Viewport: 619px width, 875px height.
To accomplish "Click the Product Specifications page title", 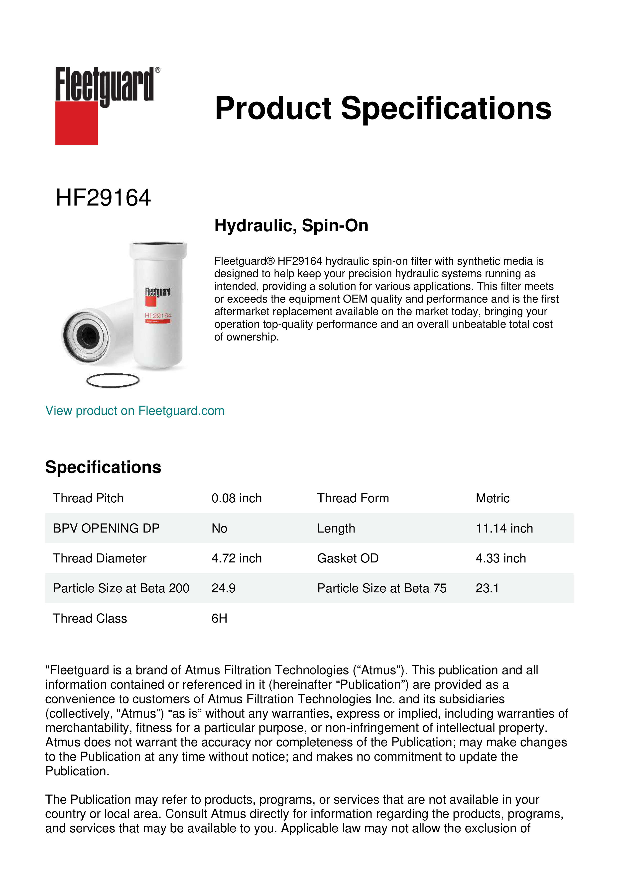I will (383, 108).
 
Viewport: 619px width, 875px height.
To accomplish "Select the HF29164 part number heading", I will (103, 198).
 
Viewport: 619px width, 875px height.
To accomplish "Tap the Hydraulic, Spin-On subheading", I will (291, 225).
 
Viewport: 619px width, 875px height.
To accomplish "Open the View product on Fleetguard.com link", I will (135, 411).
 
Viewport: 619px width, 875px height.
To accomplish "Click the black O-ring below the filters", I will (113, 380).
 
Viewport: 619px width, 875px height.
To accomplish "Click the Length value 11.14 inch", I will (504, 528).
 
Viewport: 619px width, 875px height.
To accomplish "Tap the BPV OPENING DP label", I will (106, 528).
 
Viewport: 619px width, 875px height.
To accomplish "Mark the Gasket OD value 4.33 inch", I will (500, 558).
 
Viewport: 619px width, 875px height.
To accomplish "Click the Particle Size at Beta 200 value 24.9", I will (223, 588).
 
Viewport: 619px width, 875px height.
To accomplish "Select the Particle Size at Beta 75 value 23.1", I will (487, 588).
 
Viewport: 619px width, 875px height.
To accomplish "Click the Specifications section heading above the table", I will (103, 467).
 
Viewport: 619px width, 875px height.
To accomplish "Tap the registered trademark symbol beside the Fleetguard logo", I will (158, 70).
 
